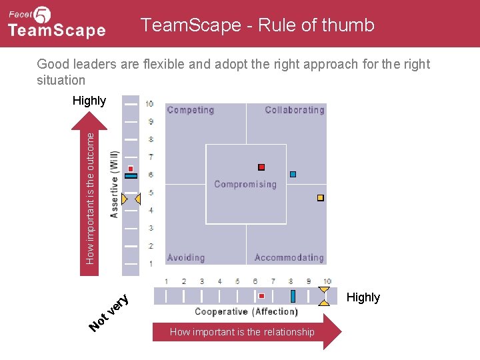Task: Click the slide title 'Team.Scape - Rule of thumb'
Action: pos(257,25)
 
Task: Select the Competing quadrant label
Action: pos(190,110)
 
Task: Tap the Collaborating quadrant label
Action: pos(294,110)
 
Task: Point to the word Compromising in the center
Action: pos(245,185)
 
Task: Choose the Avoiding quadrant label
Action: pos(186,257)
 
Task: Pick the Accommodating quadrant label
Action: pos(289,257)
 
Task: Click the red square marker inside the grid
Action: pos(261,167)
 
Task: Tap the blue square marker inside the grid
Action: pos(293,175)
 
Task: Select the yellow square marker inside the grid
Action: pos(321,198)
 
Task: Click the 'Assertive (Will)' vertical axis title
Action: pos(114,185)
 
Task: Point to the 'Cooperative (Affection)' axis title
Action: pos(246,311)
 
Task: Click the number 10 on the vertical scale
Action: pos(150,104)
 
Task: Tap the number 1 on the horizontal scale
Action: pos(166,281)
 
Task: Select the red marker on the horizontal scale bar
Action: pos(261,295)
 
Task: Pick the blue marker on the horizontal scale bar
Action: pos(293,296)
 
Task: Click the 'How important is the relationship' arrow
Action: pos(247,332)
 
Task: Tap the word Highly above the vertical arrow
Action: pos(89,101)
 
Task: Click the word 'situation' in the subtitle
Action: pos(61,80)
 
